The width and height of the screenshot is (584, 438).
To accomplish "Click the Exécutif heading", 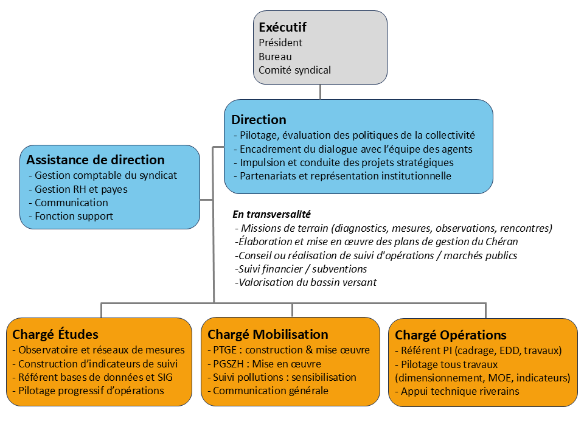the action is tap(282, 27).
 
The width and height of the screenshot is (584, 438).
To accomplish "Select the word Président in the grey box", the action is tap(280, 43).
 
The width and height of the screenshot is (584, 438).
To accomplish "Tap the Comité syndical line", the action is tap(294, 70).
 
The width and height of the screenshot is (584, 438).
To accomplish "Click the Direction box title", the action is tap(259, 120).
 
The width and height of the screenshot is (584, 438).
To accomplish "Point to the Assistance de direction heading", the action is tap(96, 160).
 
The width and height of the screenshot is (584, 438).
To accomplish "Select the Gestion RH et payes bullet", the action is tap(78, 189).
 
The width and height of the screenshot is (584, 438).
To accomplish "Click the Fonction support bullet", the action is tap(71, 216).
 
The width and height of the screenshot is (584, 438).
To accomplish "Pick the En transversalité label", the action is tap(271, 214).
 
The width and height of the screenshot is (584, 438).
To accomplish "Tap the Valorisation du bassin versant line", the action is tap(306, 282).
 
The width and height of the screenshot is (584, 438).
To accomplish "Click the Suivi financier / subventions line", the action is tap(301, 269).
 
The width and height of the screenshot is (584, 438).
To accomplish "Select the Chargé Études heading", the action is tap(55, 335).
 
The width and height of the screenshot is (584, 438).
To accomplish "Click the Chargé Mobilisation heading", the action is tap(268, 335).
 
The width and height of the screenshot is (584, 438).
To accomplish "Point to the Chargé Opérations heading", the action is tap(451, 335).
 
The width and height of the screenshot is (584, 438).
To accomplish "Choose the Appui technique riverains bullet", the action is tap(457, 391).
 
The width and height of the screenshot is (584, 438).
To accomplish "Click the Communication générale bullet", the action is tap(268, 391).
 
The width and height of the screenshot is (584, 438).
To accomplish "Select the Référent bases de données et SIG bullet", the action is tap(92, 377).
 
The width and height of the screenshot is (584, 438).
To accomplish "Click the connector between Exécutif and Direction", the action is tap(321, 92).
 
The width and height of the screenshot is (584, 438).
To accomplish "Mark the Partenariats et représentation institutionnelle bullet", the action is tap(342, 176).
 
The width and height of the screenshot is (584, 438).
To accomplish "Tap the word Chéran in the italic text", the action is tap(502, 242).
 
